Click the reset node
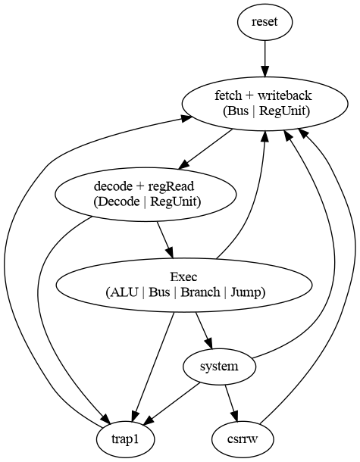click(x=265, y=22)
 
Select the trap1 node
click(x=125, y=439)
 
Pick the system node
click(x=219, y=367)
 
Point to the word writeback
click(x=285, y=95)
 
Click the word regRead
click(x=171, y=186)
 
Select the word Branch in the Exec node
click(x=200, y=292)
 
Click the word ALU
click(x=124, y=292)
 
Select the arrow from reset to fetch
click(x=265, y=59)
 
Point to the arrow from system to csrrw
click(x=231, y=404)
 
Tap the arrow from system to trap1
click(x=172, y=404)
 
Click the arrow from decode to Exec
click(x=165, y=240)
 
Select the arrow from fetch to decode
click(x=205, y=149)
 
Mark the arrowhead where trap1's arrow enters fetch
click(x=186, y=118)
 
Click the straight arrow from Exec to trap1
click(x=153, y=367)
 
